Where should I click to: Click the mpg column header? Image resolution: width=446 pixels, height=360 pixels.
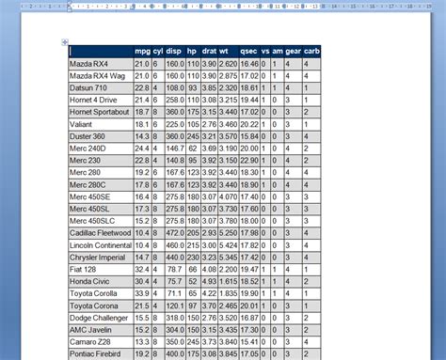click(x=143, y=51)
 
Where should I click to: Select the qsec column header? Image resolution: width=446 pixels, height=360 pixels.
click(x=248, y=51)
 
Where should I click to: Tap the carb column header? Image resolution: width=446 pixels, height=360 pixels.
click(x=311, y=51)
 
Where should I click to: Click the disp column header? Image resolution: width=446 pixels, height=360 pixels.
click(x=174, y=51)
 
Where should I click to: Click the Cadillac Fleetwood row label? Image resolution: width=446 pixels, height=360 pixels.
click(x=99, y=232)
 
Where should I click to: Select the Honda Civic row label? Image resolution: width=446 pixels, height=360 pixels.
click(x=90, y=281)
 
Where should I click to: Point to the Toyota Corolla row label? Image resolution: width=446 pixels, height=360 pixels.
click(x=94, y=293)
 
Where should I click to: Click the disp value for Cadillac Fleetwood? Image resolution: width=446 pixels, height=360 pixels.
click(x=174, y=232)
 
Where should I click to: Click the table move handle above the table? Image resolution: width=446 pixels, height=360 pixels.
click(x=65, y=41)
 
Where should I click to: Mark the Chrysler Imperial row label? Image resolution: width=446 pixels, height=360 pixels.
click(x=98, y=257)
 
